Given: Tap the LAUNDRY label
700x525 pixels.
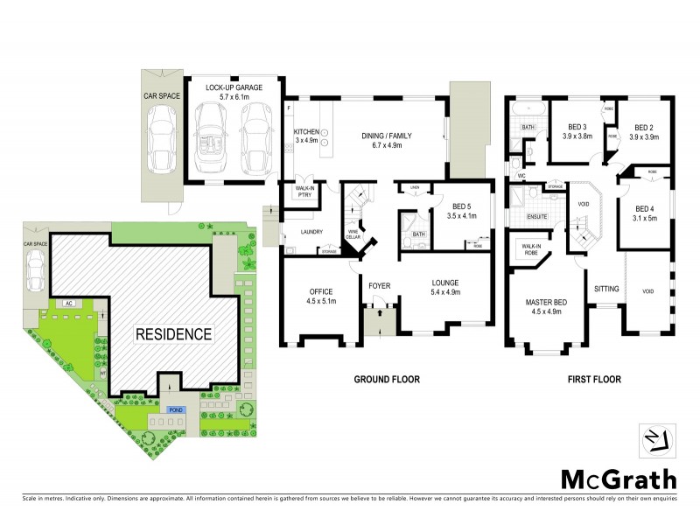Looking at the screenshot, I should click(312, 232).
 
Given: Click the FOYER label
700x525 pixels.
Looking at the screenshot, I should click(379, 285).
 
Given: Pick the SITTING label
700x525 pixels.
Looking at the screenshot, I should click(607, 288).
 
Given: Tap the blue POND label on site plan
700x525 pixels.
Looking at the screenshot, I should click(164, 409).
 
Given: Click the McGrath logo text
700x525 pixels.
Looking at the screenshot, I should click(618, 479).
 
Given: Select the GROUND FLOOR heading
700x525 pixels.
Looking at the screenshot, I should click(386, 381).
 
